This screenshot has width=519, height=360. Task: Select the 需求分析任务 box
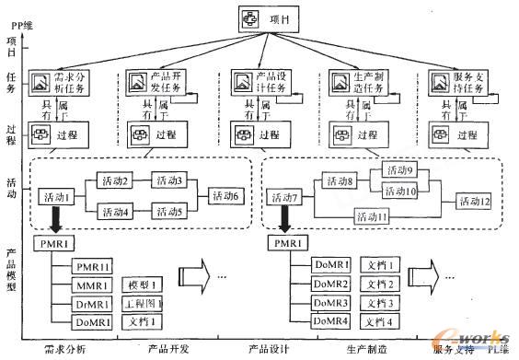pyautogui.click(x=57, y=85)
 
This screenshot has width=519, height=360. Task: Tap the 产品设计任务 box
pyautogui.click(x=260, y=85)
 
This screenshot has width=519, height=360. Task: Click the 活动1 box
pyautogui.click(x=58, y=197)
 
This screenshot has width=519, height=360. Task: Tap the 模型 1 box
pyautogui.click(x=144, y=285)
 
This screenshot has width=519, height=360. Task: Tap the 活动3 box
pyautogui.click(x=169, y=180)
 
